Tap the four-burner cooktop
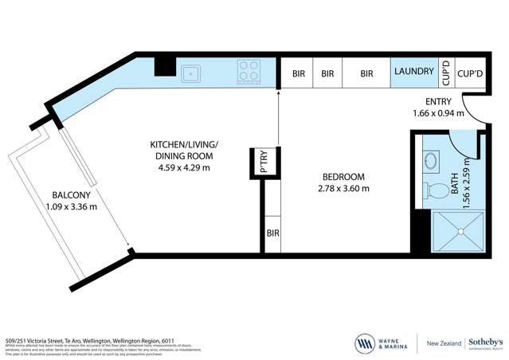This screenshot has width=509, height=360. (x=249, y=73)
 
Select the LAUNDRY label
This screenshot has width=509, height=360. (x=413, y=72)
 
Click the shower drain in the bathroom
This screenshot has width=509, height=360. (x=459, y=232)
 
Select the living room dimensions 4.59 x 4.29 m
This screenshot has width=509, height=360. (x=184, y=167)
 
